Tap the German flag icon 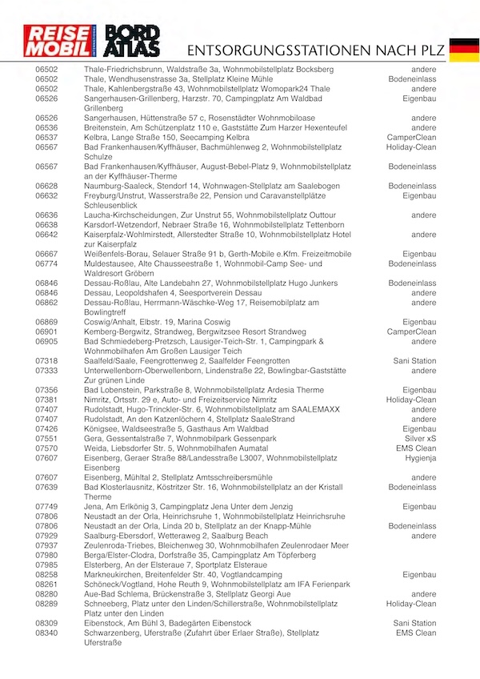(x=464, y=50)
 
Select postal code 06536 (x=46, y=127)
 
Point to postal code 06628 (x=46, y=186)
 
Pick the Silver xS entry (x=420, y=439)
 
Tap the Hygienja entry (x=419, y=458)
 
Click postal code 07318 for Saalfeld (x=46, y=361)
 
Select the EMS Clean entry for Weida (x=416, y=448)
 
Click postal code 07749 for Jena (x=46, y=507)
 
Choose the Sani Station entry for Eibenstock (x=415, y=623)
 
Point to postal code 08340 (x=46, y=633)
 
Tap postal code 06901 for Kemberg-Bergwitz (x=46, y=331)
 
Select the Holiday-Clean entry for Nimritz (x=411, y=400)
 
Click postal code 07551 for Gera (x=46, y=439)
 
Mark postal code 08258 (x=46, y=574)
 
